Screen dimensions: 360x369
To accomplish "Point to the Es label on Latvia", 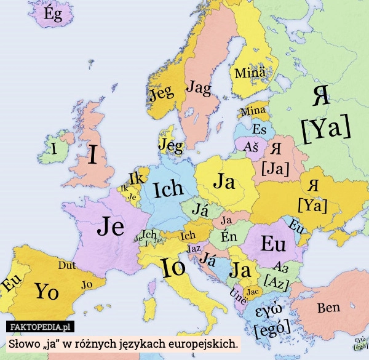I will tap(260, 130).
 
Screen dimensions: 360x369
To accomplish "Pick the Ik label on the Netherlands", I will tap(136, 178).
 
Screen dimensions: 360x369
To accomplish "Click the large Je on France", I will tap(111, 227).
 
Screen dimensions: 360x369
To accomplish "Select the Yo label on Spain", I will tap(47, 290).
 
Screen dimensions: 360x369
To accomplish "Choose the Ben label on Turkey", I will tap(329, 308).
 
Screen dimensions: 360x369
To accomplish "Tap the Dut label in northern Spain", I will tap(67, 266).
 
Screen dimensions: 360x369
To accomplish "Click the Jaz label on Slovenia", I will tap(194, 248).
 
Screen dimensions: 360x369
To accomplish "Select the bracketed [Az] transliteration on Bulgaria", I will tap(276, 280).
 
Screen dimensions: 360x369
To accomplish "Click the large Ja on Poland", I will tap(224, 182).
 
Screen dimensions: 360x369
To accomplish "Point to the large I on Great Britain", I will tap(92, 155).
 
